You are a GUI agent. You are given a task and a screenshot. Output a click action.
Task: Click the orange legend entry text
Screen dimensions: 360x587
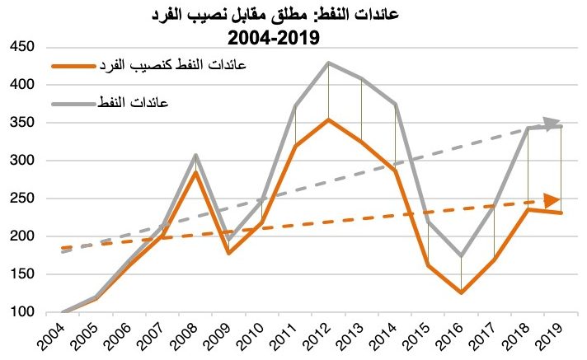coord(174,64)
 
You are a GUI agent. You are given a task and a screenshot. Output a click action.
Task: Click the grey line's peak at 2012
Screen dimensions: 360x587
coord(329,63)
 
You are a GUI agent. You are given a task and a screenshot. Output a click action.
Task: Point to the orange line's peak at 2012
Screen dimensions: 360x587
coord(329,119)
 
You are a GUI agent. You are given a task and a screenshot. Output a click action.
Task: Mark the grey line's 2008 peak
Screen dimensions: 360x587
coord(196,155)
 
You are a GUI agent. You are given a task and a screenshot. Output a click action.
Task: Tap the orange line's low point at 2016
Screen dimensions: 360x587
coord(461,292)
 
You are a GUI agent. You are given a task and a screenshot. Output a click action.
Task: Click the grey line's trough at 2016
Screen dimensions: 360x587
coord(461,256)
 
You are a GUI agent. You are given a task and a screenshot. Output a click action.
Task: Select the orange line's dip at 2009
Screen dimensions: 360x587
coord(229,253)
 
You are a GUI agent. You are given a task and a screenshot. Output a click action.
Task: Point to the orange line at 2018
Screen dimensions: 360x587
coord(528,209)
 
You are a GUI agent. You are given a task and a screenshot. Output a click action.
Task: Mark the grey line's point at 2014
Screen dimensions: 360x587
coord(395,105)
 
